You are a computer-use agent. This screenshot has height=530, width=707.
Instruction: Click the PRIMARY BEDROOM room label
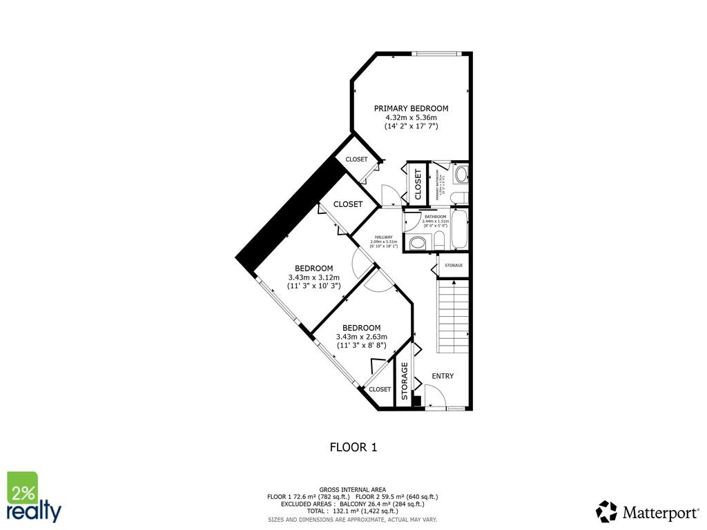[x=411, y=108]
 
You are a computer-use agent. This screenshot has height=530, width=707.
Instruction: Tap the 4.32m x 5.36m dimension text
[x=411, y=117]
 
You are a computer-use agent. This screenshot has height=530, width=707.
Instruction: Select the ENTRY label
[x=443, y=376]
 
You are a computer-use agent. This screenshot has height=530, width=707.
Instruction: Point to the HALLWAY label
[x=384, y=237]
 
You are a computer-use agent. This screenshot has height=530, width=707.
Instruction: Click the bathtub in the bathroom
[x=460, y=232]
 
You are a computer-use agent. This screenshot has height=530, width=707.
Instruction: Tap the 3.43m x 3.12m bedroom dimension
[x=314, y=277]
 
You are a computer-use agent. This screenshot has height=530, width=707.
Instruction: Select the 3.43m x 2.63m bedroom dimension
[x=362, y=336]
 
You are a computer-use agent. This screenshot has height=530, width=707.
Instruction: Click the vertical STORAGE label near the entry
[x=405, y=381]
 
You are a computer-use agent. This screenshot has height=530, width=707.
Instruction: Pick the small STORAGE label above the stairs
[x=454, y=265]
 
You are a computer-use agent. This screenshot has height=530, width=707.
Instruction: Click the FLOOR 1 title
[x=353, y=447]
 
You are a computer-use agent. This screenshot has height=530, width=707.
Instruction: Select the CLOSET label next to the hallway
[x=348, y=204]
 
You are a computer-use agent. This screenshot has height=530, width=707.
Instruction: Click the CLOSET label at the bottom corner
[x=380, y=389]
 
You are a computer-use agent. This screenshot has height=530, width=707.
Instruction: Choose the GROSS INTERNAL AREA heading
[x=353, y=489]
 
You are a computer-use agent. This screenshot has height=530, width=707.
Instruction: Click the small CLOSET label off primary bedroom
[x=356, y=159]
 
